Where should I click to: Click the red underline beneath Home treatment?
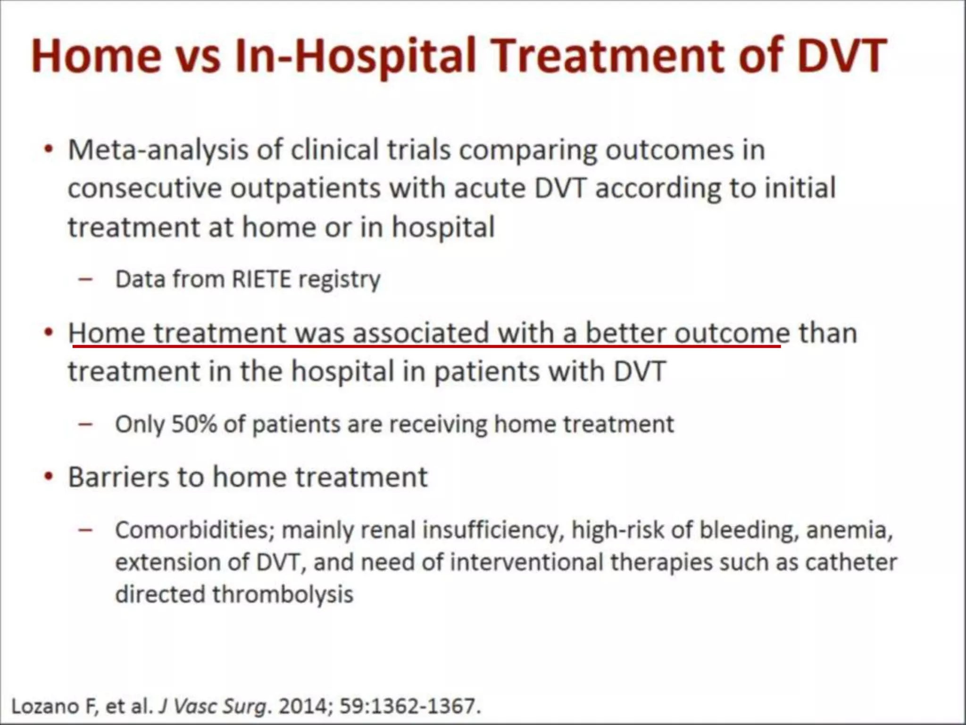click(425, 346)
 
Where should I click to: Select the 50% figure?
click(194, 424)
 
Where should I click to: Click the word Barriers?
click(118, 477)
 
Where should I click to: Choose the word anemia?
click(849, 530)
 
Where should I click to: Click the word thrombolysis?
click(283, 594)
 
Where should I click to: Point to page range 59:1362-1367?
click(408, 706)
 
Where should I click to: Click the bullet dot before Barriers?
click(48, 477)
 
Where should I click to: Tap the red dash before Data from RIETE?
click(86, 279)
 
